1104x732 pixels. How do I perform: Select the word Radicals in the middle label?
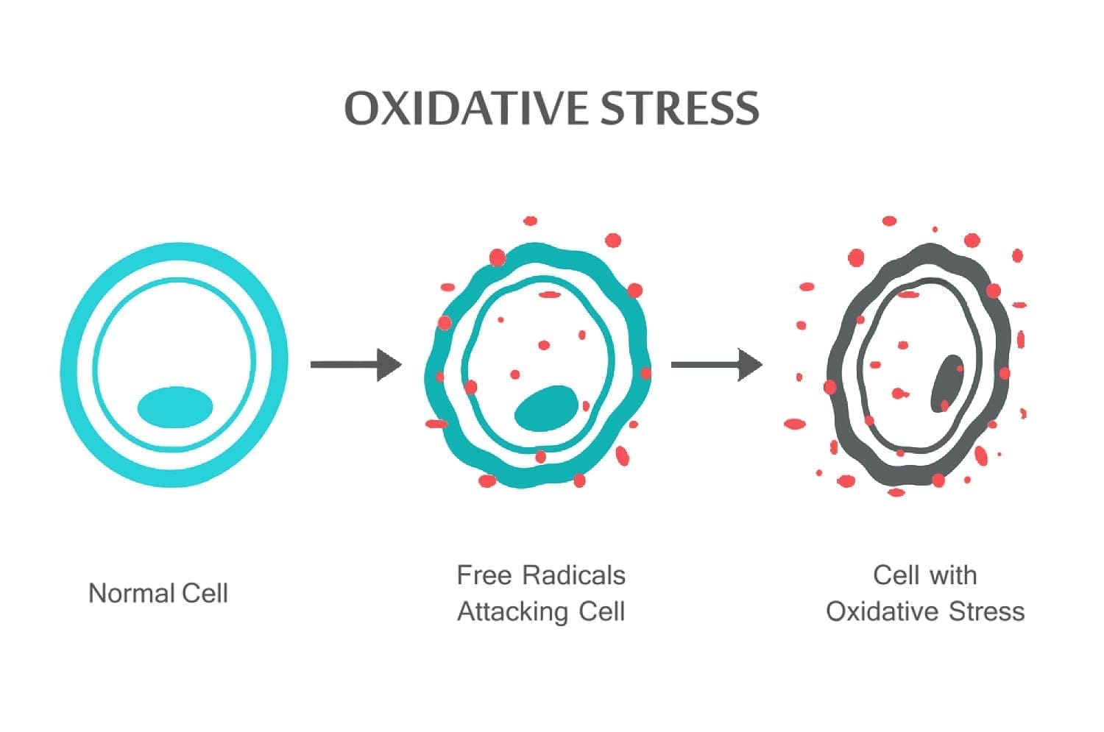pos(574,575)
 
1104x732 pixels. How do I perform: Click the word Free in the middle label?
pos(484,575)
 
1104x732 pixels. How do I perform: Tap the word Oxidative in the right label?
pos(882,612)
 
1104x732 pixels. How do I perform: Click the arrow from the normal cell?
pos(355,364)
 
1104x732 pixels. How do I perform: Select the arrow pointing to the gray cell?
pos(717,364)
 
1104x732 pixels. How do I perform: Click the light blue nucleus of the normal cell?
pos(175,408)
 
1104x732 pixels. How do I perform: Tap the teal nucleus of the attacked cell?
pos(546,408)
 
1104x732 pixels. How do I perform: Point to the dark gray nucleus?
pos(946,383)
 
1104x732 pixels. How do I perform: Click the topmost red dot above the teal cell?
pos(531,221)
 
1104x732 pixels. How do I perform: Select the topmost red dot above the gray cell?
pos(889,221)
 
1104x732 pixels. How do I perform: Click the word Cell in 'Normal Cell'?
pos(205,593)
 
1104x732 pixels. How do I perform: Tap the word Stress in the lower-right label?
pos(987,612)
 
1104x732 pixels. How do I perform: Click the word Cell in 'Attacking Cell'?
pos(602,612)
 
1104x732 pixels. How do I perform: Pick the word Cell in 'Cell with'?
pos(896,575)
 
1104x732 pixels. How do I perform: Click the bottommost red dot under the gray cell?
pos(896,492)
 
